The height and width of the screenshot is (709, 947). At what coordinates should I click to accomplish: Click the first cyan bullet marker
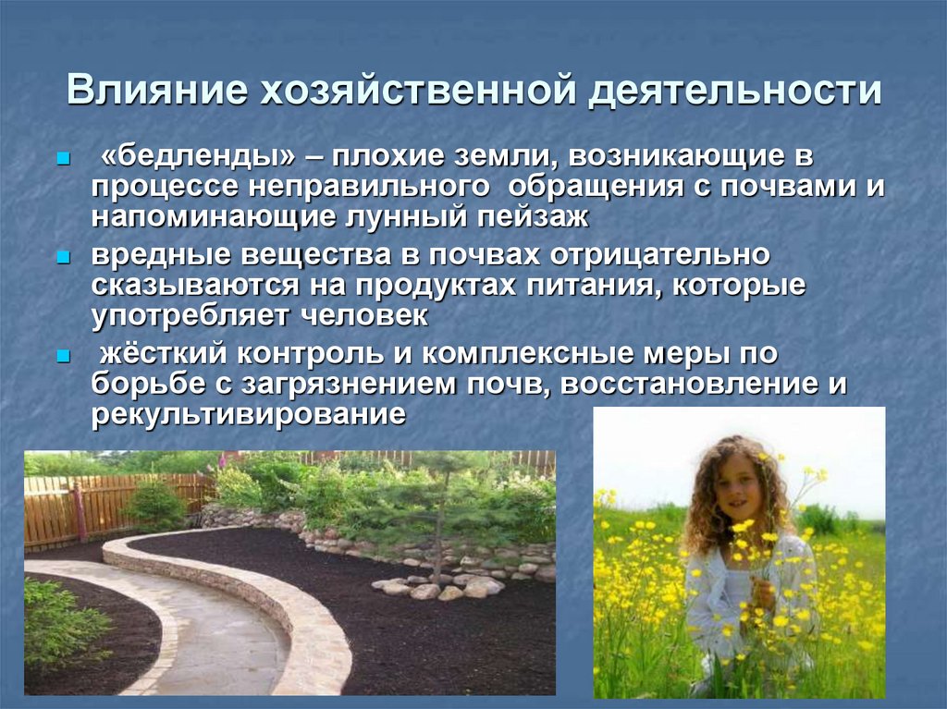[x=63, y=159]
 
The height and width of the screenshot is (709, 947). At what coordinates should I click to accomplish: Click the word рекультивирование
[x=248, y=412]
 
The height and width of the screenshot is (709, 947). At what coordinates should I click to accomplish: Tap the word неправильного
[x=370, y=187]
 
